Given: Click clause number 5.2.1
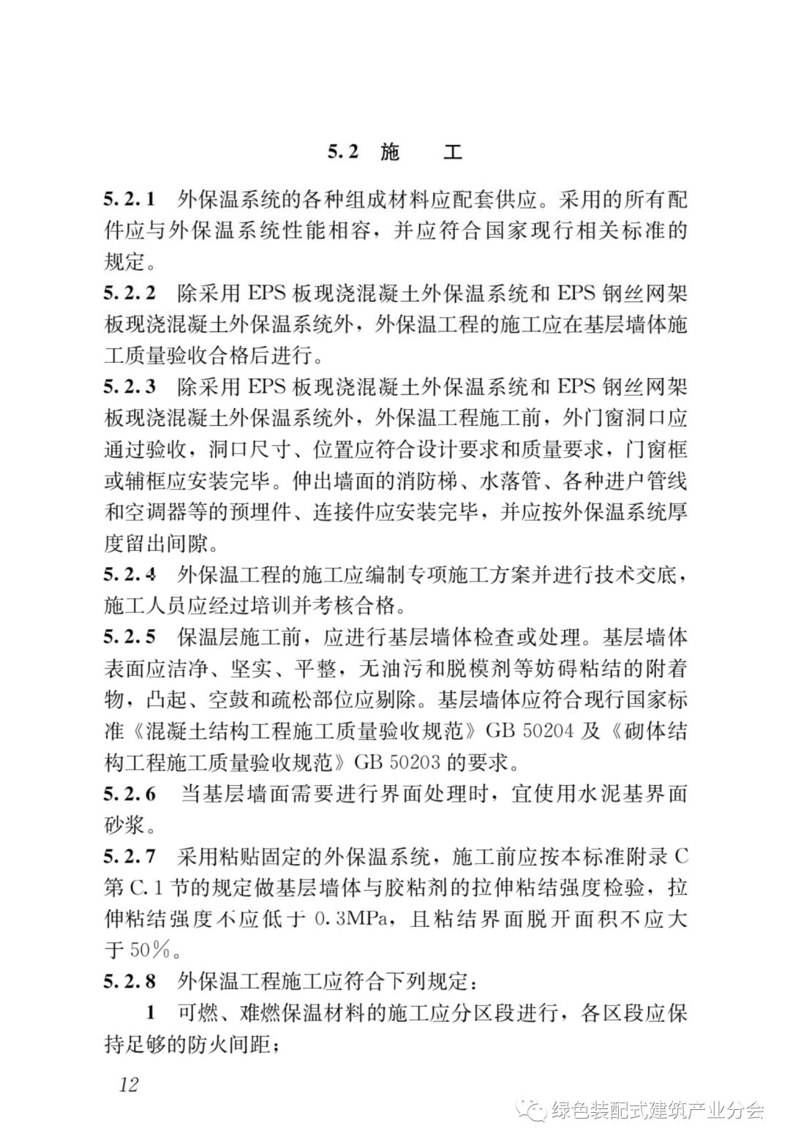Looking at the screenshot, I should tap(129, 198).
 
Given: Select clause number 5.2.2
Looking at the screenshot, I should tap(129, 293).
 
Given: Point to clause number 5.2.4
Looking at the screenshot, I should tap(129, 575).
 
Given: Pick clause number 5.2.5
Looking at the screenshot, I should tap(129, 637).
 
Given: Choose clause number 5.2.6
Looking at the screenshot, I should tap(129, 794).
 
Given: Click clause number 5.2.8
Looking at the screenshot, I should tap(129, 981).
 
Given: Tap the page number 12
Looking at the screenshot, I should tap(128, 1084).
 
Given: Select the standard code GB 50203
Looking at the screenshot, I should tap(397, 762).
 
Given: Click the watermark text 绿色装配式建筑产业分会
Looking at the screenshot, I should tap(657, 1111).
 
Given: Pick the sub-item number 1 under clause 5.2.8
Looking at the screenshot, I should tap(151, 1013).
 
